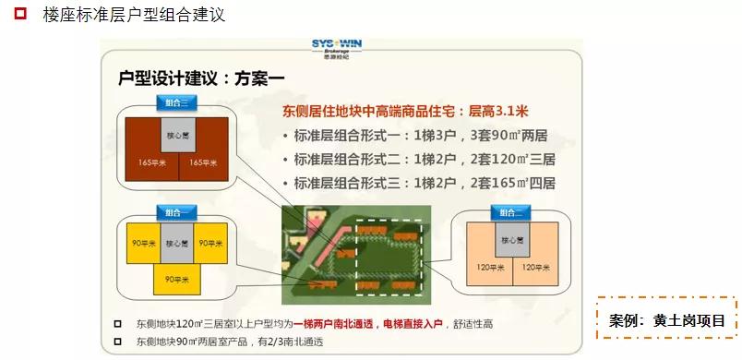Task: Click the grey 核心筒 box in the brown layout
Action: click(x=177, y=135)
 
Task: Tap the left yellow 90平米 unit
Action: click(x=143, y=245)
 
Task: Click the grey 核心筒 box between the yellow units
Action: click(x=175, y=245)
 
